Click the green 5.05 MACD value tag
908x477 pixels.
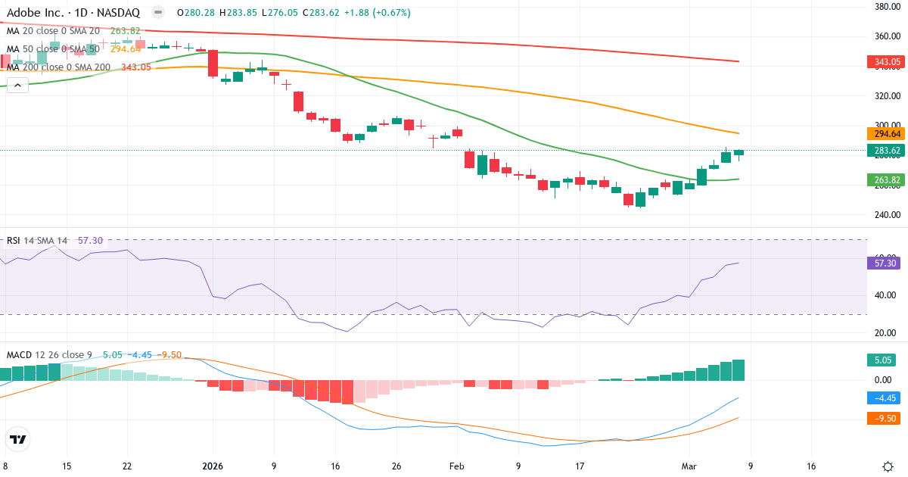tap(880, 361)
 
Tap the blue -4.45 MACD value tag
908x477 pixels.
tap(882, 397)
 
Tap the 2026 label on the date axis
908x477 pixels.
tap(213, 466)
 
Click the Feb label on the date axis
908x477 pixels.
tap(457, 466)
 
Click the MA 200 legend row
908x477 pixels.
tap(58, 67)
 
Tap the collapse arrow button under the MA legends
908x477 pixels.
tap(17, 85)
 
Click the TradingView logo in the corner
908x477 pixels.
tap(17, 439)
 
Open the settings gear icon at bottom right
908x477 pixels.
tap(888, 466)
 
